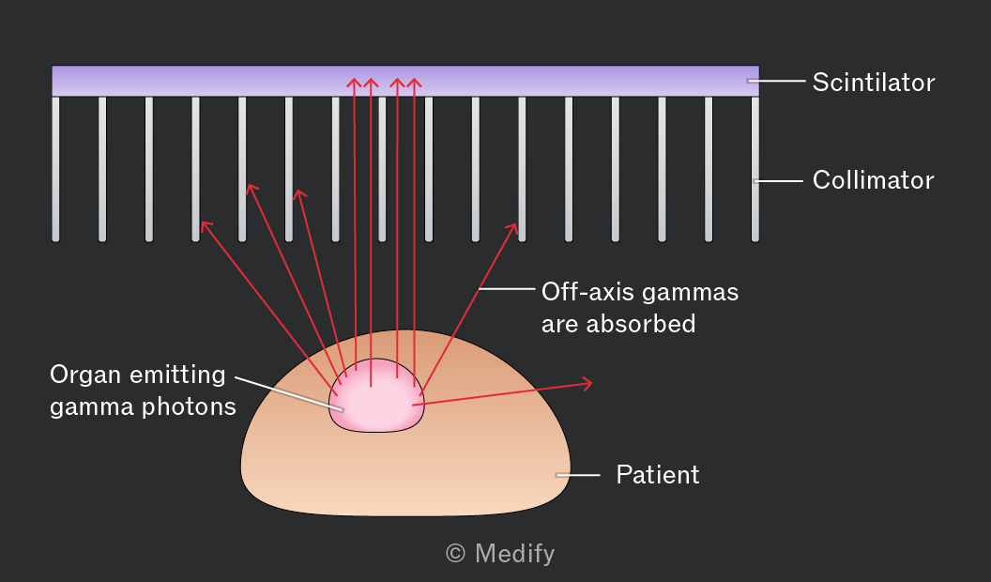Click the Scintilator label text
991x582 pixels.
point(874,83)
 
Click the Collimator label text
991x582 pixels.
point(874,180)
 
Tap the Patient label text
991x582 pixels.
point(658,475)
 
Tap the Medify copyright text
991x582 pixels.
point(500,554)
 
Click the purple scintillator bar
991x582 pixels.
point(405,81)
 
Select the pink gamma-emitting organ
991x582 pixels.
point(376,397)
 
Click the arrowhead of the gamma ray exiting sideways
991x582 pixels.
point(587,383)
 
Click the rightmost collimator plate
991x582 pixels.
point(755,169)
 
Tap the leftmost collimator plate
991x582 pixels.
point(55,169)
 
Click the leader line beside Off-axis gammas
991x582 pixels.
point(507,289)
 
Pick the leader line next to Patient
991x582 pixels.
point(578,475)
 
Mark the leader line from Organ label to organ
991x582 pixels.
point(289,393)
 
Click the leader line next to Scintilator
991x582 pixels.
point(776,81)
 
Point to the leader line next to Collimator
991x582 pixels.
point(778,181)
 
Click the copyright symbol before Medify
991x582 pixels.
point(456,554)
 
